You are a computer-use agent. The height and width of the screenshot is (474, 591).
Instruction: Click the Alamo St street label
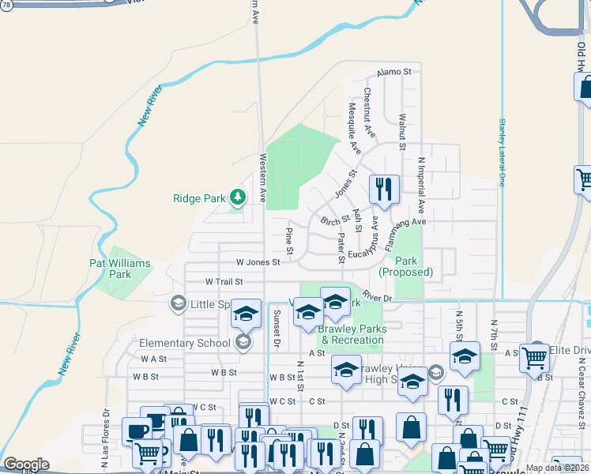[x=394, y=71]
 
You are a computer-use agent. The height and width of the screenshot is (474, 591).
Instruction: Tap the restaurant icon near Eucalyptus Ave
[x=384, y=190]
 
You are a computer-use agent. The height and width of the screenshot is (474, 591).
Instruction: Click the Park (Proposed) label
[x=405, y=266]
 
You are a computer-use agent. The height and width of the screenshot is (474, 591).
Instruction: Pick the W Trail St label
[x=224, y=281]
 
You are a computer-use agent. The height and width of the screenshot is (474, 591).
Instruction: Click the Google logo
[x=26, y=465]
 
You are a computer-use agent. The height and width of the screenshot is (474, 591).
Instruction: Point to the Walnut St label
[x=401, y=131]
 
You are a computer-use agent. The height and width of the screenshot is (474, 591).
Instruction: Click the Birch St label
[x=335, y=219]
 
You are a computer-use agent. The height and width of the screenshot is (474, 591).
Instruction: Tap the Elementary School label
[x=184, y=343]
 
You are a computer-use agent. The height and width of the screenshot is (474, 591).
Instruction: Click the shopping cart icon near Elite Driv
[x=534, y=358]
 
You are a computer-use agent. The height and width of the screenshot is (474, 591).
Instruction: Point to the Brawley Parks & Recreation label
[x=351, y=334]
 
